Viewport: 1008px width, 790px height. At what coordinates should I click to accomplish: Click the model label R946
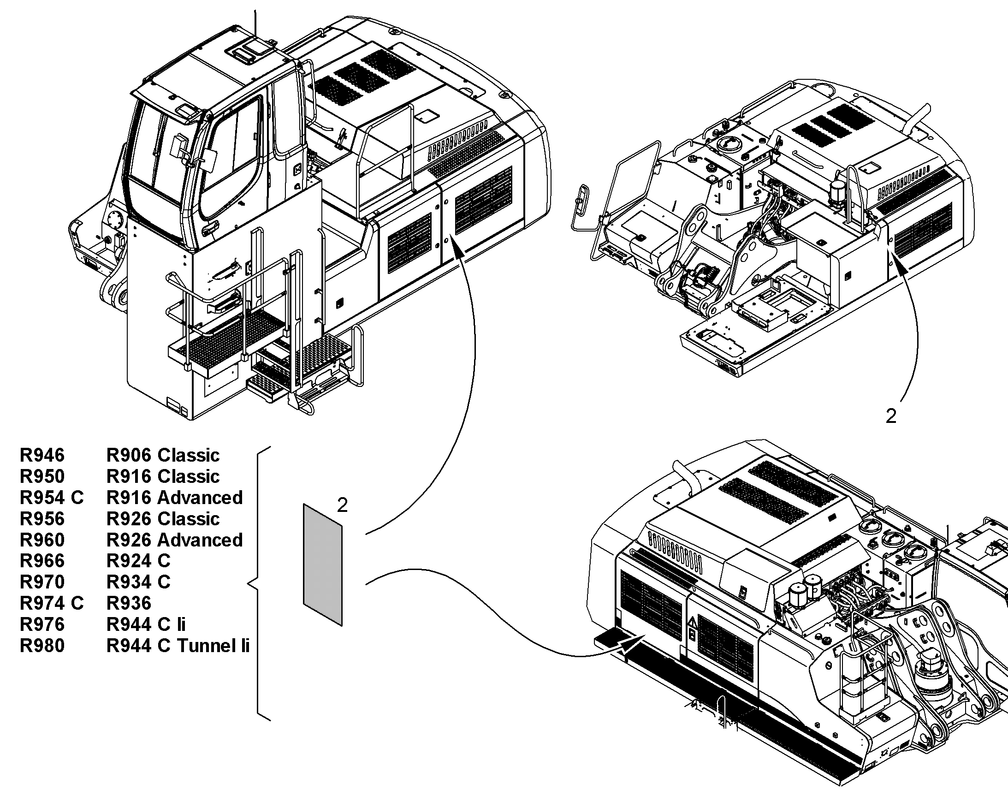click(42, 455)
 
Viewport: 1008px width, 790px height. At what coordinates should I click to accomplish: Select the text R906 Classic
click(163, 455)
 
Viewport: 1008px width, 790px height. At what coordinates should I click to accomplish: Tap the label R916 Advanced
click(174, 498)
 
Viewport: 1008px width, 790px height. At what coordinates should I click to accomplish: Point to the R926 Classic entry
click(163, 519)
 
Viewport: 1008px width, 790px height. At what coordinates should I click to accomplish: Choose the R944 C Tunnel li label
click(178, 646)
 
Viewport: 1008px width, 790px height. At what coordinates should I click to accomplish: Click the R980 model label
click(42, 646)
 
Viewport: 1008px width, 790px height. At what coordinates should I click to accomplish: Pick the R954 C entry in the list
click(51, 498)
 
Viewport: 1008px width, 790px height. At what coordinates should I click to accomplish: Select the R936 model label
click(129, 603)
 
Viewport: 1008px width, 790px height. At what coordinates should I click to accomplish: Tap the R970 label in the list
click(42, 582)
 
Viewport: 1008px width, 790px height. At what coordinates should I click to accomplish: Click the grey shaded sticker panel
click(323, 564)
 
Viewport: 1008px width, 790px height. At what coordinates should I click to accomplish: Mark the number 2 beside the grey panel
click(342, 505)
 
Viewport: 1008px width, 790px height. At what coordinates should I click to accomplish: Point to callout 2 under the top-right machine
click(890, 416)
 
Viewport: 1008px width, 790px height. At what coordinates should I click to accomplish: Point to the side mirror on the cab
click(210, 160)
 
